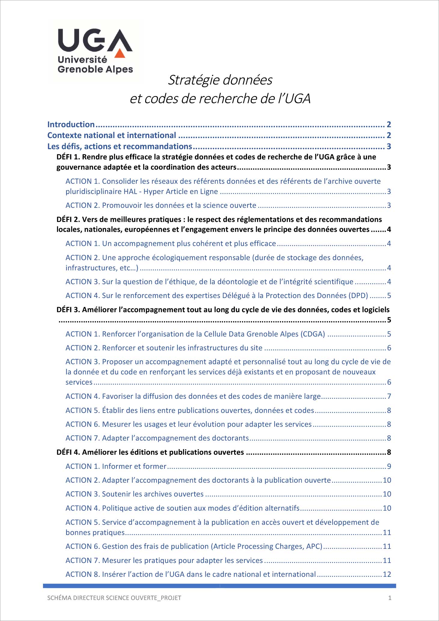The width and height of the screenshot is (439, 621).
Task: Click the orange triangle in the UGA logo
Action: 120,53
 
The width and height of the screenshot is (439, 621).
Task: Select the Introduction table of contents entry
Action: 71,125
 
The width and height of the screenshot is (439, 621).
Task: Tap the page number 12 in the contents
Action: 387,574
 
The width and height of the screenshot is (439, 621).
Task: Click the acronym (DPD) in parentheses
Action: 358,296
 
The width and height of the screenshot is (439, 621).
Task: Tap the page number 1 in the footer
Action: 390,598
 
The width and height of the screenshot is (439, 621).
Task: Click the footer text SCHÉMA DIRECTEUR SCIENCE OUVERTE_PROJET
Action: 114,598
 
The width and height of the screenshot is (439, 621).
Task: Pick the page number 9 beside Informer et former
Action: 389,466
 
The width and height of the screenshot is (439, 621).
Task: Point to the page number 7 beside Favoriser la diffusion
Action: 389,396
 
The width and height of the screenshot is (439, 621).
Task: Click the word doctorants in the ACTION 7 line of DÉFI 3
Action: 230,438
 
